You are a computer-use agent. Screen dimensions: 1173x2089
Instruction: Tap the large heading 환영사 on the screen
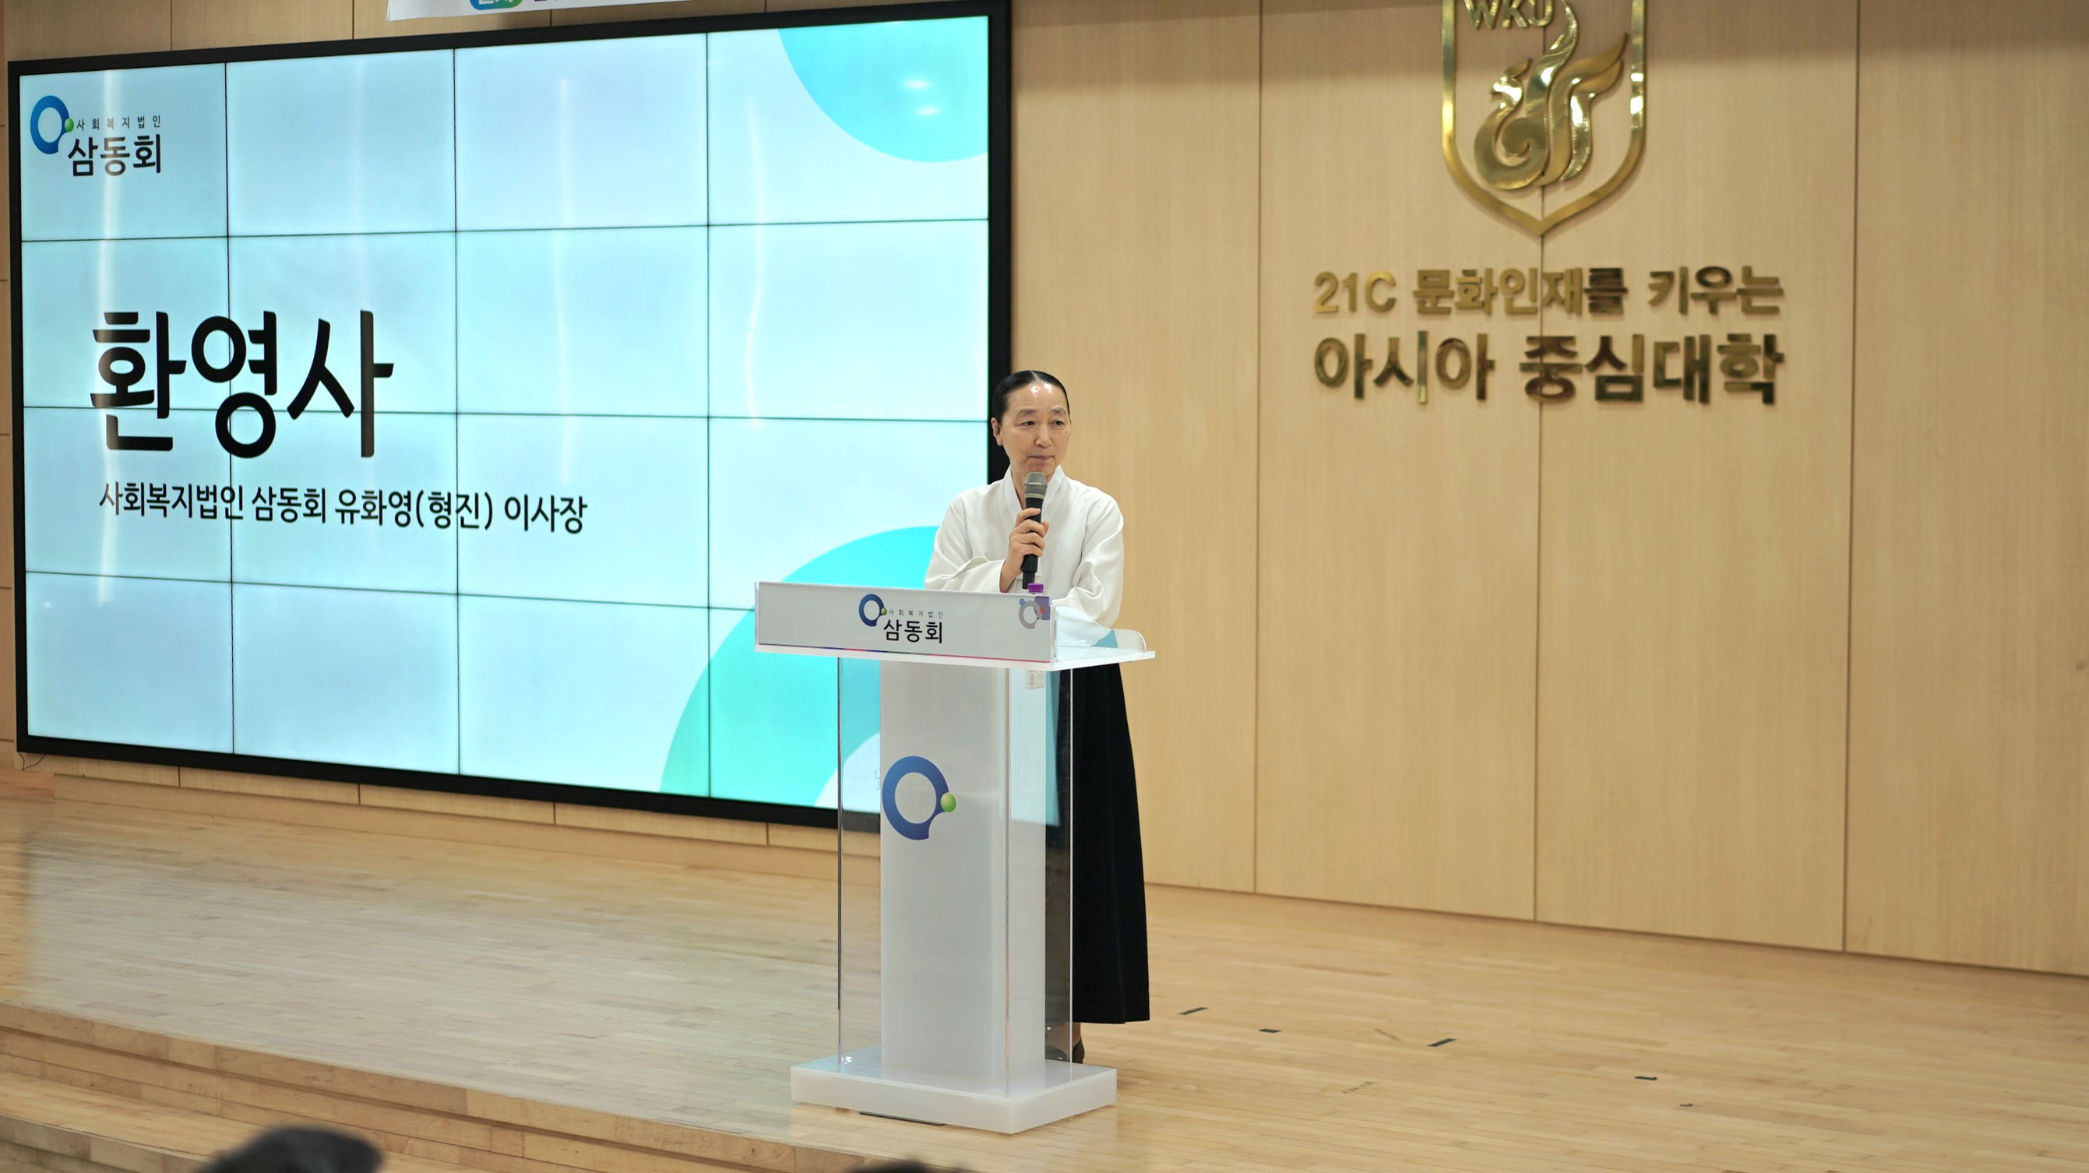point(241,382)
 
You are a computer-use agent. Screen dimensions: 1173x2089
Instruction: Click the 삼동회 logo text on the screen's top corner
point(115,154)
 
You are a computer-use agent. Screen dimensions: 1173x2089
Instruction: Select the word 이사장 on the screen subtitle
point(544,514)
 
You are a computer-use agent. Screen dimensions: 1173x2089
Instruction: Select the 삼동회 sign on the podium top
point(912,622)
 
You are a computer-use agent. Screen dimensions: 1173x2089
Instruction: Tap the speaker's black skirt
point(1107,844)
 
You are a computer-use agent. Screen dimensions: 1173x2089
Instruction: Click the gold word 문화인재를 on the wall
point(1519,293)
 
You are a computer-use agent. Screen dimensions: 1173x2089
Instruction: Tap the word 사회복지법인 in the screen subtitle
point(171,501)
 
